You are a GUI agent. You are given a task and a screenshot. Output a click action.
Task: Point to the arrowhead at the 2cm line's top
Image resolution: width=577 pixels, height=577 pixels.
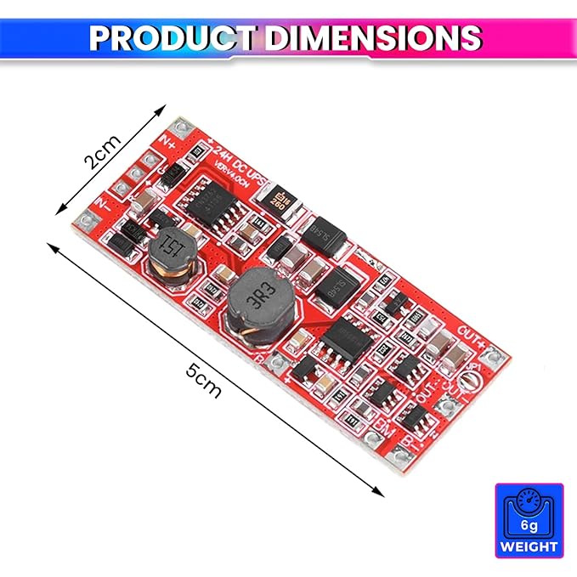(162, 109)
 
